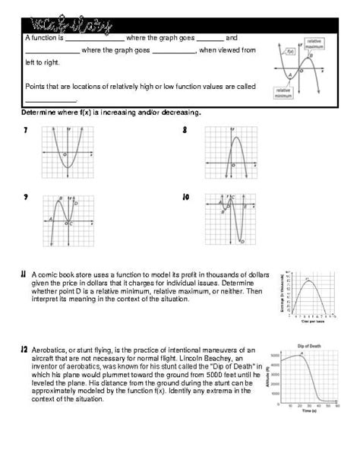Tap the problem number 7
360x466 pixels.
point(26,132)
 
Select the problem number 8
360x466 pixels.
point(185,131)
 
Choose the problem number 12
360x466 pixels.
point(24,349)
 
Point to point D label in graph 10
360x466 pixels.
point(242,242)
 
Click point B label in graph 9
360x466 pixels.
point(61,198)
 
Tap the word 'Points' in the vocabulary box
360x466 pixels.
point(35,86)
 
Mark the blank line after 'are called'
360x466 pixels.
point(51,100)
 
